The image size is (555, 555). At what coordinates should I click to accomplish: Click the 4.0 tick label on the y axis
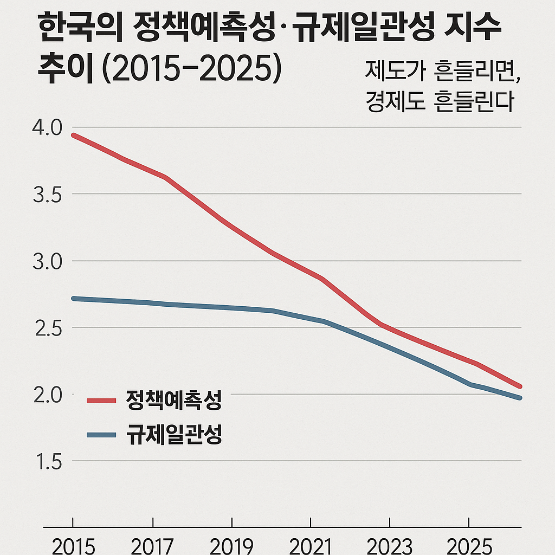point(48,128)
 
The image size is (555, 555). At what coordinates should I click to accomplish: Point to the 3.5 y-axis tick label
point(48,195)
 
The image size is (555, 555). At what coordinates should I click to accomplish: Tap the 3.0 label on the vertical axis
point(48,262)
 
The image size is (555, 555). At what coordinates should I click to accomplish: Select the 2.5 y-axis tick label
point(48,329)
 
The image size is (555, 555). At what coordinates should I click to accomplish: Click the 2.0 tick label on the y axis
point(48,396)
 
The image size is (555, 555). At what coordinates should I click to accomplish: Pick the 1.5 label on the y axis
point(48,462)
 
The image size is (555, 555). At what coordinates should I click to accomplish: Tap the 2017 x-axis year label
point(152,546)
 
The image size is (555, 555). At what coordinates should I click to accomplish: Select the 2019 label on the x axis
point(231,546)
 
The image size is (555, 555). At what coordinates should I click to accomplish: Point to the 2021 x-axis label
point(311,546)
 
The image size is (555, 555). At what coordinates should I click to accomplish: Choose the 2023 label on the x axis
point(390,546)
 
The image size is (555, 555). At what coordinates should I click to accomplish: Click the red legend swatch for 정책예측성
point(101,401)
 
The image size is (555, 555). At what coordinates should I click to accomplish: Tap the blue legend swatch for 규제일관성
point(101,435)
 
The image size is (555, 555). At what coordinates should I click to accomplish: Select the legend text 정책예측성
point(173,401)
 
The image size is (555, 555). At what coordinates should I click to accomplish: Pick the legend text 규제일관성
point(173,435)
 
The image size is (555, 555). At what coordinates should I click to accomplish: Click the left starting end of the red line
point(74,135)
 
